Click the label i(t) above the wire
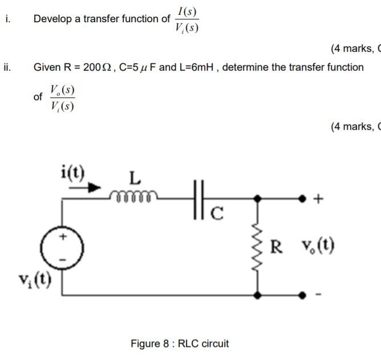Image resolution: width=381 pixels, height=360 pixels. (72, 172)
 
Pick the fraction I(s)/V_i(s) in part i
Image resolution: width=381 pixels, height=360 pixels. (187, 19)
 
